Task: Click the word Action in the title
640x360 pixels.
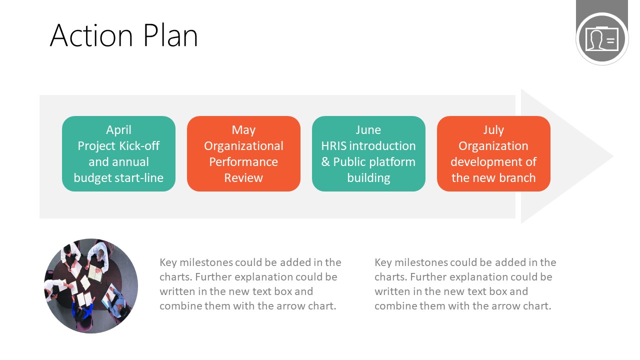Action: pyautogui.click(x=91, y=35)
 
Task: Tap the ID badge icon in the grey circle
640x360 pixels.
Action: pyautogui.click(x=602, y=38)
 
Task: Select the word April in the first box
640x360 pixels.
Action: pyautogui.click(x=118, y=130)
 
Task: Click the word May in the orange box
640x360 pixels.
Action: pyautogui.click(x=243, y=130)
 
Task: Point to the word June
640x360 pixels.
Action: pyautogui.click(x=368, y=130)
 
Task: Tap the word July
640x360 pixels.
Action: pyautogui.click(x=493, y=130)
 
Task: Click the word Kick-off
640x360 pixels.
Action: pyautogui.click(x=139, y=146)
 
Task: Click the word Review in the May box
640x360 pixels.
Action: pyautogui.click(x=243, y=178)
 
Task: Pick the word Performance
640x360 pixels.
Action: pyautogui.click(x=243, y=162)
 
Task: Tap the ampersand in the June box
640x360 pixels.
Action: pyautogui.click(x=325, y=162)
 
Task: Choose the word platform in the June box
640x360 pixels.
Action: pyautogui.click(x=394, y=162)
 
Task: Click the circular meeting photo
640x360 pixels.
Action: pyautogui.click(x=91, y=286)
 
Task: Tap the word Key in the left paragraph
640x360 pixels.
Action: pyautogui.click(x=168, y=262)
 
